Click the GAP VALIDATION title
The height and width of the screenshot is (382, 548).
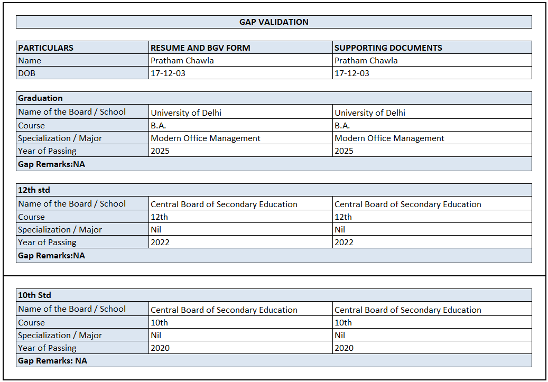pos(274,22)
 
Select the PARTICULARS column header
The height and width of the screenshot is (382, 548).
pos(46,48)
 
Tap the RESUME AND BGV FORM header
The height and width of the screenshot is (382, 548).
pos(200,48)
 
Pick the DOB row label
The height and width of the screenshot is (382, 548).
pos(27,73)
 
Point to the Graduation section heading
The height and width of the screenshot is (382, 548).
pos(40,98)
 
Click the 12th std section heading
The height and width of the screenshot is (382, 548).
pos(34,190)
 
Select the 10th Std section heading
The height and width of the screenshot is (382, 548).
pos(34,295)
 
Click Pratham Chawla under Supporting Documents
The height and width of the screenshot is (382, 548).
pos(366,61)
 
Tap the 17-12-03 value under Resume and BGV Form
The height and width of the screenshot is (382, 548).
pos(168,73)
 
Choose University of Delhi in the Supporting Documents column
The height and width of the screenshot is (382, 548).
pos(370,113)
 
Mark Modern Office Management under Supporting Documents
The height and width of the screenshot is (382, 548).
pos(389,138)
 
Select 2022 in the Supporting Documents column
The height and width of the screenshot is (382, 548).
pos(344,243)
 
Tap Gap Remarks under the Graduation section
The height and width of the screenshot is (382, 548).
pos(51,164)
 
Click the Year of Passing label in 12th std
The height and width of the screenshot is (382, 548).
pos(47,243)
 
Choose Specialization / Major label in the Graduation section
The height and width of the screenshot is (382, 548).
pos(60,138)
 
